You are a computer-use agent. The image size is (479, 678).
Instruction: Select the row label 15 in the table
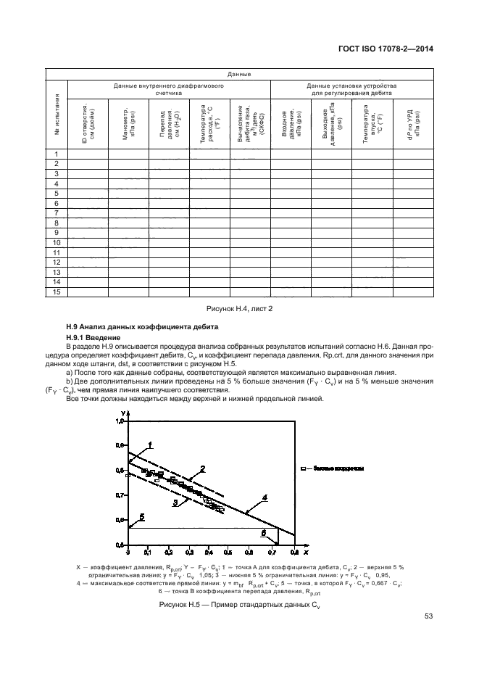pyautogui.click(x=57, y=292)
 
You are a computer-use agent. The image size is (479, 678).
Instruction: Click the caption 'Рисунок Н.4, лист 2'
pyautogui.click(x=239, y=308)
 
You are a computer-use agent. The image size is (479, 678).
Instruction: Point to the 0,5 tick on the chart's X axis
pyautogui.click(x=229, y=552)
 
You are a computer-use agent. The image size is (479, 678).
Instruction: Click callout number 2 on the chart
pyautogui.click(x=203, y=468)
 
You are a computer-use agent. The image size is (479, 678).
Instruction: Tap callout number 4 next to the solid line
pyautogui.click(x=265, y=497)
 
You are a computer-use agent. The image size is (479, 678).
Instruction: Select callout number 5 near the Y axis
pyautogui.click(x=141, y=517)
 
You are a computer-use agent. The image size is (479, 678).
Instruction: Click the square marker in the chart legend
pyautogui.click(x=305, y=470)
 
